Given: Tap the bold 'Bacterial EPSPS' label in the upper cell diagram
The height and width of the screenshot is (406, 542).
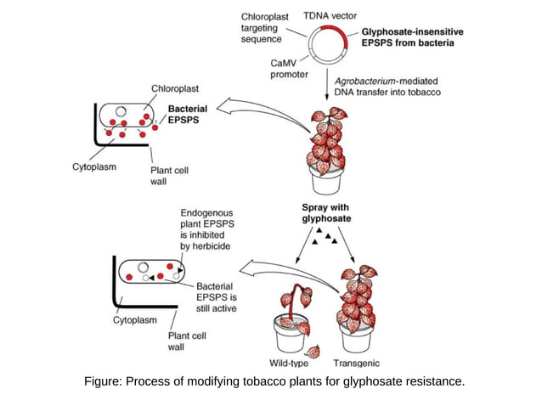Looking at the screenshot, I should [187, 116].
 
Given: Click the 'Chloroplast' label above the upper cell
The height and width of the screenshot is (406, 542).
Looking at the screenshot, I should [175, 88].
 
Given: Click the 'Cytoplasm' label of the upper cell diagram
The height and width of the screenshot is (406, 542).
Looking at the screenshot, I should [94, 167].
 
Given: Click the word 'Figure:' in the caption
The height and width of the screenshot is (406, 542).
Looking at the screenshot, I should [102, 381].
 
